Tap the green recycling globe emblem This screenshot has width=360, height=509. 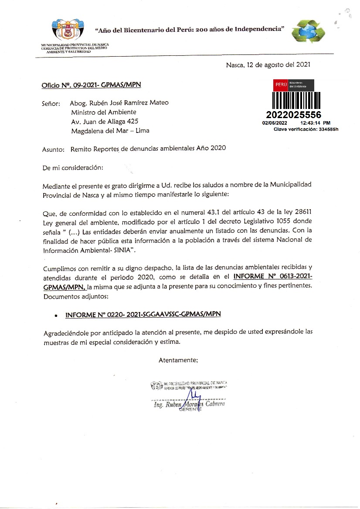[309, 32]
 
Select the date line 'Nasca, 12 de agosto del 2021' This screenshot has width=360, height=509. [268, 65]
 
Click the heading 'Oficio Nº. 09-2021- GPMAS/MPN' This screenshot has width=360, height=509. [91, 85]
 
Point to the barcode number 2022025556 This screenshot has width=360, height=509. [293, 115]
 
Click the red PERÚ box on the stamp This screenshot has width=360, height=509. [280, 85]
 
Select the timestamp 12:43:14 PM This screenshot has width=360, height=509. [316, 123]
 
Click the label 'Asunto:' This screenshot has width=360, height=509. [53, 149]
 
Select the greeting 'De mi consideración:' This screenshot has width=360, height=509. [73, 167]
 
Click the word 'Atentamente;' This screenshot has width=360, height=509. [178, 360]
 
